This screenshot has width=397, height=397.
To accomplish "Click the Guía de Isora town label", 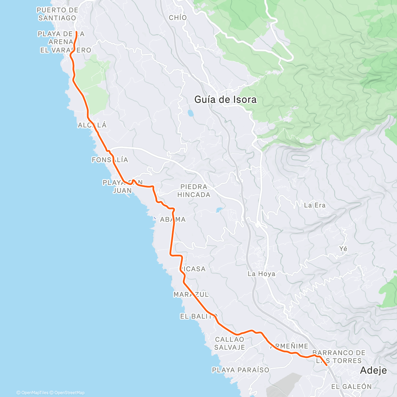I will (x=225, y=100).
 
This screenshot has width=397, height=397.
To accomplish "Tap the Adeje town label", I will (x=373, y=370).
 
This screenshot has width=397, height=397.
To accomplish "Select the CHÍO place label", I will (x=178, y=18).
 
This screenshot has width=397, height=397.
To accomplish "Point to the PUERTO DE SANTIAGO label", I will (x=57, y=14).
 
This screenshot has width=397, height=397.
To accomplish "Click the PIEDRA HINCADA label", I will (x=194, y=191).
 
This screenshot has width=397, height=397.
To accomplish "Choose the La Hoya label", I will (x=261, y=274).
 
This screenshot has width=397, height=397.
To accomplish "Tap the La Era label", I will (x=315, y=205).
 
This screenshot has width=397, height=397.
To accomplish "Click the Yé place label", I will (x=343, y=249).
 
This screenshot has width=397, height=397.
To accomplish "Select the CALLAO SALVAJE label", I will (x=230, y=343).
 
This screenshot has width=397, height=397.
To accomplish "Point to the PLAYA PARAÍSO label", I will (x=241, y=370).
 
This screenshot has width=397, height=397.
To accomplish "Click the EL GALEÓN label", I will (x=351, y=386).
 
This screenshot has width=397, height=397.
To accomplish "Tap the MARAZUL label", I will (x=191, y=294).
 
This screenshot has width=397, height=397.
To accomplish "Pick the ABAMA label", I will (x=173, y=220).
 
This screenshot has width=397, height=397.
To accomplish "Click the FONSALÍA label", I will (x=110, y=160).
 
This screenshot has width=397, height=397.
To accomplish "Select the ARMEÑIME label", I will (x=289, y=346).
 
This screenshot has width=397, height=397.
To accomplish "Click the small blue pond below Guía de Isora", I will (x=191, y=113).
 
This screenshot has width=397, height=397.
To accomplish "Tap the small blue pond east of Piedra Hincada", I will (x=219, y=210).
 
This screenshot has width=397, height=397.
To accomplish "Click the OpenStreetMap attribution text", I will (x=69, y=393).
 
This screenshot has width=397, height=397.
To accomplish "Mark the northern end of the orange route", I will (x=76, y=32).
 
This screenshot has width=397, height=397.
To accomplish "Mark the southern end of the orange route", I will (x=327, y=365).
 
